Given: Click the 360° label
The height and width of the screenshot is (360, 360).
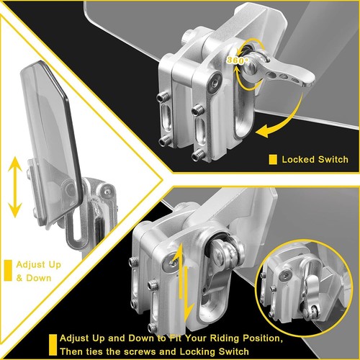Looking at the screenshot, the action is pos(235,60).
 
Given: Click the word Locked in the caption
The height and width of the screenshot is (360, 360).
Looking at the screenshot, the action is pos(298,160).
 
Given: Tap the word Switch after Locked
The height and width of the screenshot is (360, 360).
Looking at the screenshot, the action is pos(333,160).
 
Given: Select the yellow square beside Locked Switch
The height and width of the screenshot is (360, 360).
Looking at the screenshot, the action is pos(273,160).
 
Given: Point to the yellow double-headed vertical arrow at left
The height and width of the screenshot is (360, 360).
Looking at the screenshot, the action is pos(15,187).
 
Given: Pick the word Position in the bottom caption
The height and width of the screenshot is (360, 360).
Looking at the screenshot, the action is pos(262,338).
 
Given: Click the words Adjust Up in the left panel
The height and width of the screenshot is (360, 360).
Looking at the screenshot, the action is pos(39,265).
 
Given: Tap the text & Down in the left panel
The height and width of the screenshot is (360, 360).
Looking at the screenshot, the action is pos(34,278).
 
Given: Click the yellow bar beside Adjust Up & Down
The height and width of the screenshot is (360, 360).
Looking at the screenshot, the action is pos(8,271).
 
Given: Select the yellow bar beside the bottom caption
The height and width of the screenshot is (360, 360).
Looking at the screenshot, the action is pos(53,345).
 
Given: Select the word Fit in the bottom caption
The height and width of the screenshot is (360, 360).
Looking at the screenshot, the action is pos(176,338).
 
